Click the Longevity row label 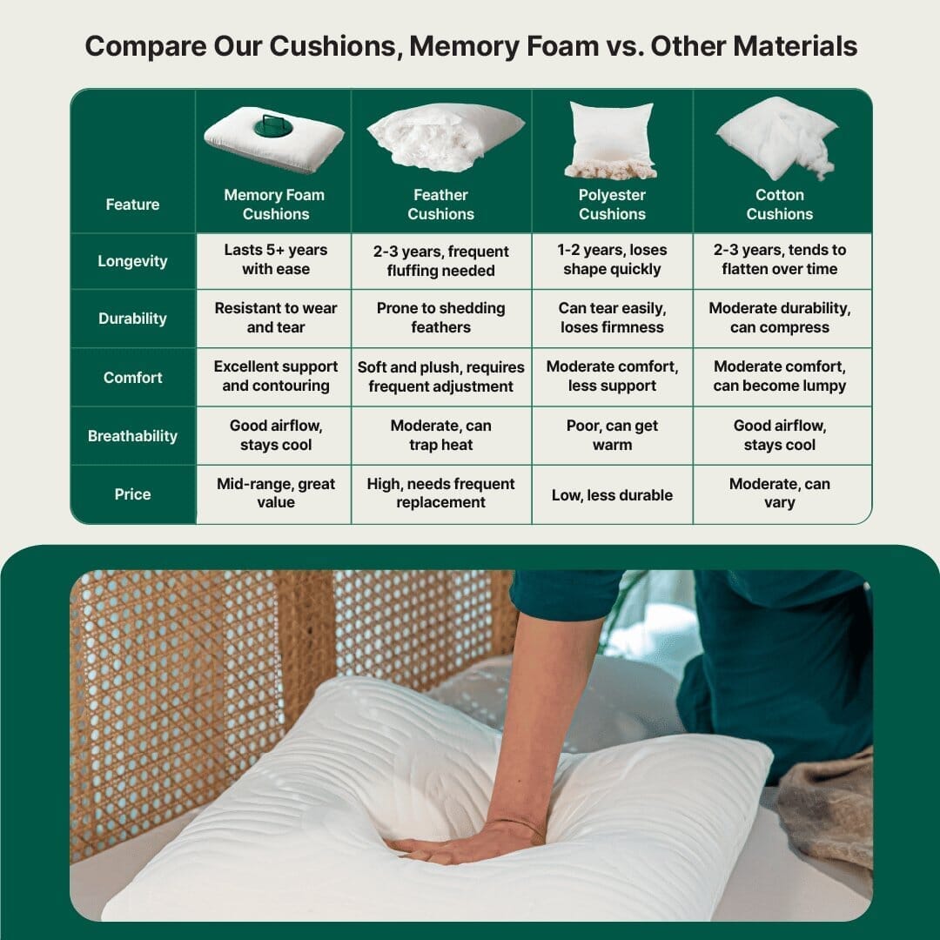[132, 261]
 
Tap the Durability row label [132, 319]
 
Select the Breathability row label [132, 436]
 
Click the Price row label [132, 494]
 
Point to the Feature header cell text [132, 205]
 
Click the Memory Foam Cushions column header [274, 205]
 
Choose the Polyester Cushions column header [612, 205]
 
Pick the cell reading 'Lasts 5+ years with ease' [276, 259]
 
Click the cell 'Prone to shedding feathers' [440, 318]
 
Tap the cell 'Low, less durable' [612, 495]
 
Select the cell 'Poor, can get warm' [612, 435]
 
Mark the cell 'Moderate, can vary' [779, 493]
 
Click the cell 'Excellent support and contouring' [276, 376]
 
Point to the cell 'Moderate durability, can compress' [779, 318]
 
